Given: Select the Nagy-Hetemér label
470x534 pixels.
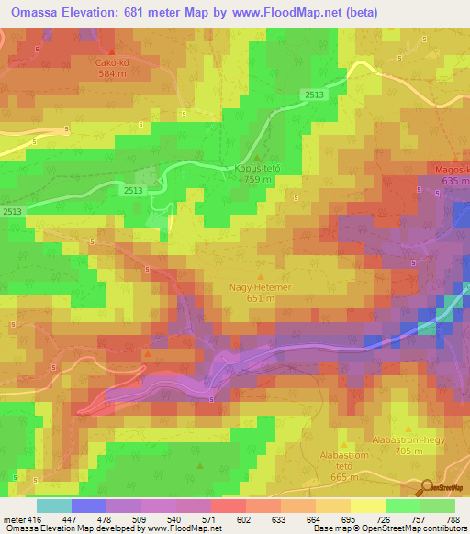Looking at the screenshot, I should tap(260, 286).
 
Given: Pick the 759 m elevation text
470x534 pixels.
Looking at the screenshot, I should tap(257, 180).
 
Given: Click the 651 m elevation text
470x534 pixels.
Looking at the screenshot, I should tap(261, 297).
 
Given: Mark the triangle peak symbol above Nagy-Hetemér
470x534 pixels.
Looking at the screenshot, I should tap(261, 275).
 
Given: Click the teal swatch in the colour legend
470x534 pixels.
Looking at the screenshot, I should tap(53, 506).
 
